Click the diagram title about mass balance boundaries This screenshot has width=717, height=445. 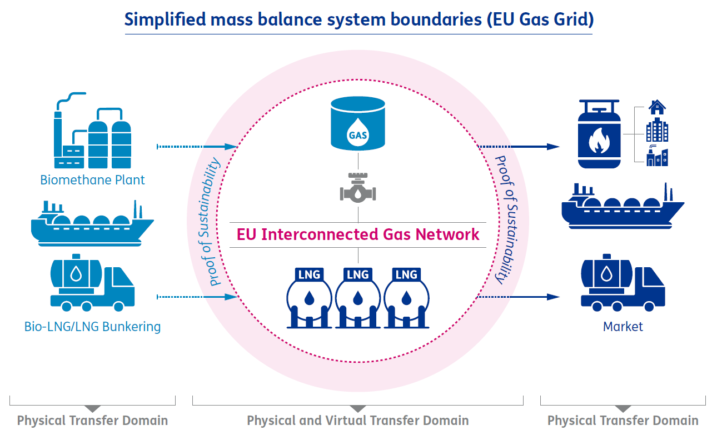click(359, 19)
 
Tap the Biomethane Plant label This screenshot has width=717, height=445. click(92, 180)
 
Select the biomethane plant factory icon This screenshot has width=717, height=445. click(92, 131)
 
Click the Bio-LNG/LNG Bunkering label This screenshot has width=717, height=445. click(92, 326)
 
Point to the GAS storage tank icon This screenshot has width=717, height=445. click(357, 123)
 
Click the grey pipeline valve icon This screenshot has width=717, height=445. click(357, 189)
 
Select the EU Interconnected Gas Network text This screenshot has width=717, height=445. click(358, 234)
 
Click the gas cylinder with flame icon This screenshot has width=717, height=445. click(598, 133)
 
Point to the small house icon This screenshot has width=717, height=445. click(657, 107)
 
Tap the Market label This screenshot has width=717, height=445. click(623, 327)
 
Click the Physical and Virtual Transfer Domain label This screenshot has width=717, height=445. click(357, 421)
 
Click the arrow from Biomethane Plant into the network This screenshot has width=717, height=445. click(197, 147)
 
